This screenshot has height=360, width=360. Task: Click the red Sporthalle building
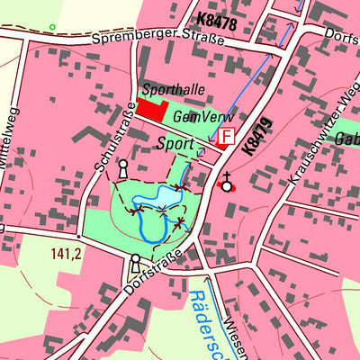(152, 111)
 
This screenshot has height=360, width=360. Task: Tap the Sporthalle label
(173, 90)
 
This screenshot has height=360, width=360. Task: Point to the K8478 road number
(216, 21)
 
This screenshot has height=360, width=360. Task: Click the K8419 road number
(256, 135)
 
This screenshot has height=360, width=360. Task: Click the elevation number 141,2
(67, 254)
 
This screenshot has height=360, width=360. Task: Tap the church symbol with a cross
(227, 184)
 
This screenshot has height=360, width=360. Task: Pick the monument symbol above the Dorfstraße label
(135, 263)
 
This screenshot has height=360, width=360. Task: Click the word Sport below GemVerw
(175, 143)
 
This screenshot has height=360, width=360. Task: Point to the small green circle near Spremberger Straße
(52, 27)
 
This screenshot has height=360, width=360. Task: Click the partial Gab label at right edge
(347, 139)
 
